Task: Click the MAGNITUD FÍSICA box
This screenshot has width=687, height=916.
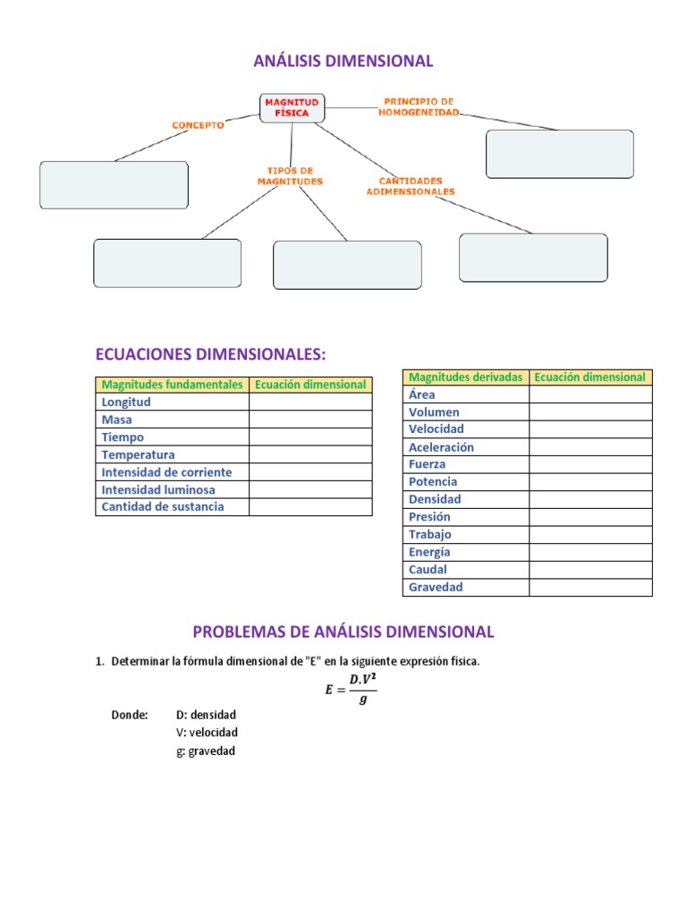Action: click(x=292, y=107)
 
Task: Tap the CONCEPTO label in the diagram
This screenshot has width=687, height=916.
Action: click(x=198, y=126)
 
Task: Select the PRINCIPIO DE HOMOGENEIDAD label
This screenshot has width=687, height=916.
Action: click(x=419, y=106)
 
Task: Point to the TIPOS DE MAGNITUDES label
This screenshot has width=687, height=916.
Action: click(x=289, y=175)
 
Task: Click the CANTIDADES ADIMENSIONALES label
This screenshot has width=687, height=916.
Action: click(x=411, y=186)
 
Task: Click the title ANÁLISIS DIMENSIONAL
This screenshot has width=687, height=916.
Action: click(x=343, y=61)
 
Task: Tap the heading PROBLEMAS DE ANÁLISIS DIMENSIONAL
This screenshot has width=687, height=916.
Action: click(x=343, y=632)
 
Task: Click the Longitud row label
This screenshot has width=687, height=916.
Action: click(x=126, y=403)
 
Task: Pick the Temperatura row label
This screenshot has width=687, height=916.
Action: click(x=139, y=454)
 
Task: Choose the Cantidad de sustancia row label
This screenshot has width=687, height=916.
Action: click(x=163, y=507)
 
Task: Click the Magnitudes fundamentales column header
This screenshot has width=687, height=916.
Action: click(x=172, y=385)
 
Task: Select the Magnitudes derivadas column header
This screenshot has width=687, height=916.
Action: click(x=465, y=377)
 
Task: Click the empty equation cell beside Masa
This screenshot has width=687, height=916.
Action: click(x=310, y=420)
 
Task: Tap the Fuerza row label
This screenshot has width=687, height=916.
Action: click(x=427, y=464)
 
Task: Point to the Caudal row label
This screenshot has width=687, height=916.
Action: click(x=428, y=569)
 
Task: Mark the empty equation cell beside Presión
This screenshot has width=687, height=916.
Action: click(x=590, y=517)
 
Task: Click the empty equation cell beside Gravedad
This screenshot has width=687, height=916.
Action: click(x=590, y=588)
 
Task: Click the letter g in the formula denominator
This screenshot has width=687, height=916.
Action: click(x=361, y=700)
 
